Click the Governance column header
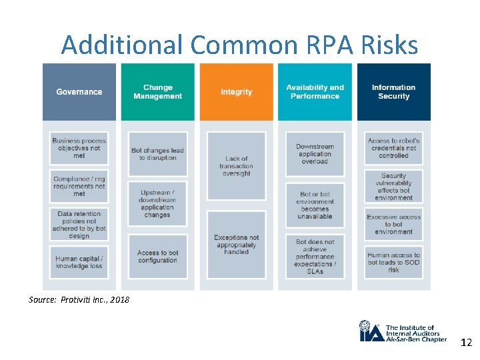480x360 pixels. point(79,92)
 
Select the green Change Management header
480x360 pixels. point(157,92)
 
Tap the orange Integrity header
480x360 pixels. point(236,92)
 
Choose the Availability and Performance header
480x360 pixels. point(315,92)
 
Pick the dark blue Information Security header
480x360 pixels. point(393,92)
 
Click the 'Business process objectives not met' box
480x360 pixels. point(79,148)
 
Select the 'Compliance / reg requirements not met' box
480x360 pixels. point(79,186)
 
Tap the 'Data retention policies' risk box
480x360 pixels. point(79,225)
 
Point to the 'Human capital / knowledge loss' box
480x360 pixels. point(79,263)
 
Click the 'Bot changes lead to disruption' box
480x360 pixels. point(157,154)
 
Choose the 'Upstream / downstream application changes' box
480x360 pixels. point(157,203)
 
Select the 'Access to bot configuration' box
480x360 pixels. point(157,257)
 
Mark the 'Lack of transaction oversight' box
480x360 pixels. point(236,167)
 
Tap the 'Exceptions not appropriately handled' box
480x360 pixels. point(236,245)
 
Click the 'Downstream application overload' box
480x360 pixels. point(315,154)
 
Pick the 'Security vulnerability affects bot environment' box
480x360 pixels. point(393,187)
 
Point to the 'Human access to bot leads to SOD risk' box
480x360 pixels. point(393,263)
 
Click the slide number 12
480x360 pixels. point(465,343)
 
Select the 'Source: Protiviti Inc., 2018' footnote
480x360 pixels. point(79,299)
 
